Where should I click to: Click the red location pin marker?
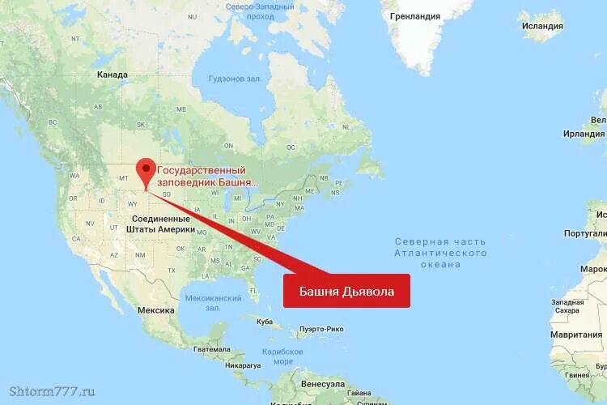click(x=146, y=171)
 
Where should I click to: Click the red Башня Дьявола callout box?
click(x=346, y=291)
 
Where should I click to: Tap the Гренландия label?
click(x=414, y=16)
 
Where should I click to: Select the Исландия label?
click(x=542, y=25)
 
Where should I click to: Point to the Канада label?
click(x=112, y=75)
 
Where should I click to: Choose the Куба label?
click(x=265, y=322)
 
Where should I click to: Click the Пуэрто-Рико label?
click(x=321, y=329)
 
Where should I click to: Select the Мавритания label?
click(x=576, y=334)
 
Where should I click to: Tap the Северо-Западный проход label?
click(x=261, y=11)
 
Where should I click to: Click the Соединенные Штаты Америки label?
click(x=160, y=224)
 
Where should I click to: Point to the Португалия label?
click(x=585, y=232)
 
